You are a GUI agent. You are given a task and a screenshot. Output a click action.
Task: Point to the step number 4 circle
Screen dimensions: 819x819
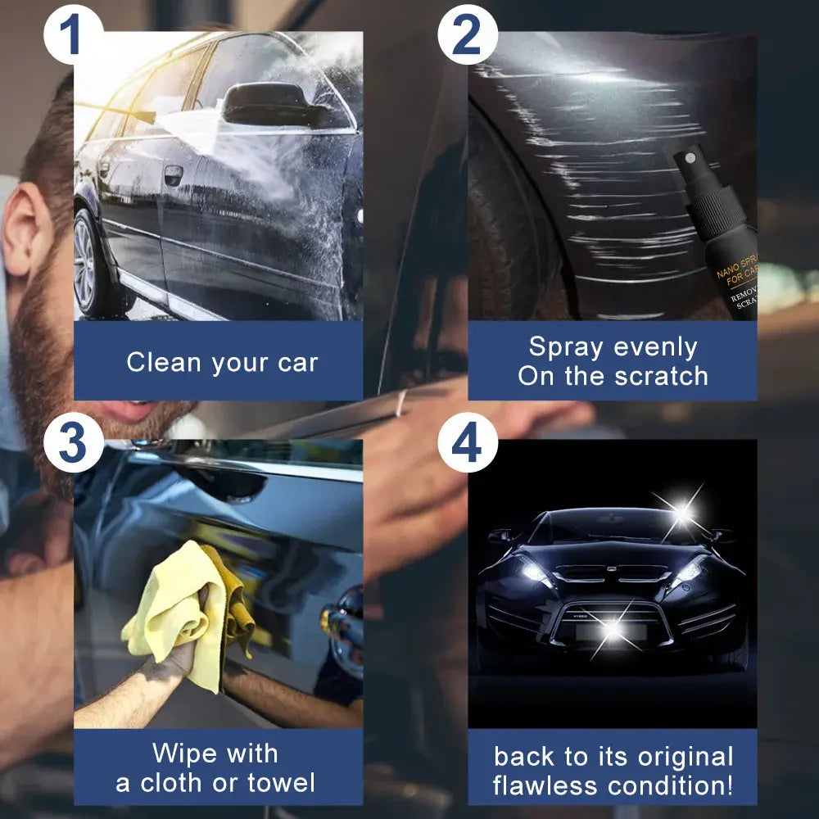(x=467, y=444)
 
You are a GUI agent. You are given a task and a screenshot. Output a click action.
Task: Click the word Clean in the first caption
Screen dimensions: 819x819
(x=160, y=363)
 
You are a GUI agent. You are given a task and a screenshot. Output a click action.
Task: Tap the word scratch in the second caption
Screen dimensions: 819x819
(x=663, y=377)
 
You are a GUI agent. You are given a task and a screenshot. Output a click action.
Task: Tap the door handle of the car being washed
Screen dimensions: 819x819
(x=172, y=174)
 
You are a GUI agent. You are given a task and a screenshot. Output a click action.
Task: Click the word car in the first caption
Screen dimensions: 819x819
(x=296, y=363)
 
